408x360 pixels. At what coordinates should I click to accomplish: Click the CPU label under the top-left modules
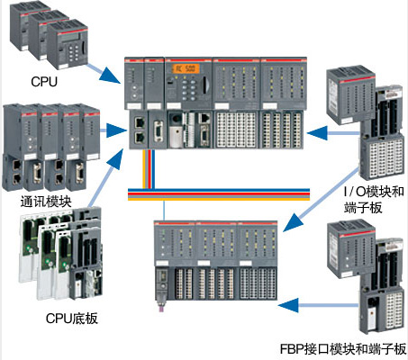[44, 81]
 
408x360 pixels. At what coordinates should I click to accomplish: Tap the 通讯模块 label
[46, 202]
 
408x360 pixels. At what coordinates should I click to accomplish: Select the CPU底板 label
[72, 319]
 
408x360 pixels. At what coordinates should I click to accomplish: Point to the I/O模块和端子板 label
[374, 200]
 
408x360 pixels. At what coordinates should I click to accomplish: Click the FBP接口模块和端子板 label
[343, 349]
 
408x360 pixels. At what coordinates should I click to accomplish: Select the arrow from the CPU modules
[104, 73]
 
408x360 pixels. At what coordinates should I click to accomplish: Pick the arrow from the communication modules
[113, 130]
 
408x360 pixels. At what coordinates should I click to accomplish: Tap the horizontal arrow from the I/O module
[333, 133]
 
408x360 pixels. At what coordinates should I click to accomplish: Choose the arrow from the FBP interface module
[319, 305]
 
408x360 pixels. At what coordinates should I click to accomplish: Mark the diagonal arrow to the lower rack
[321, 200]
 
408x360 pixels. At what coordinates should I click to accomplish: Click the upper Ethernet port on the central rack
[140, 122]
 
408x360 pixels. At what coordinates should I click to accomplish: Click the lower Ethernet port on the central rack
[140, 138]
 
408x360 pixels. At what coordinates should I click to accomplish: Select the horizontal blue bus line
[219, 190]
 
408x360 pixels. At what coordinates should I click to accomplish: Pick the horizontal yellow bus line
[219, 198]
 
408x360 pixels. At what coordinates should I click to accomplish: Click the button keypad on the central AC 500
[188, 87]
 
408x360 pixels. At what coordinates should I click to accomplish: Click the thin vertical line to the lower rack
[164, 210]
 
